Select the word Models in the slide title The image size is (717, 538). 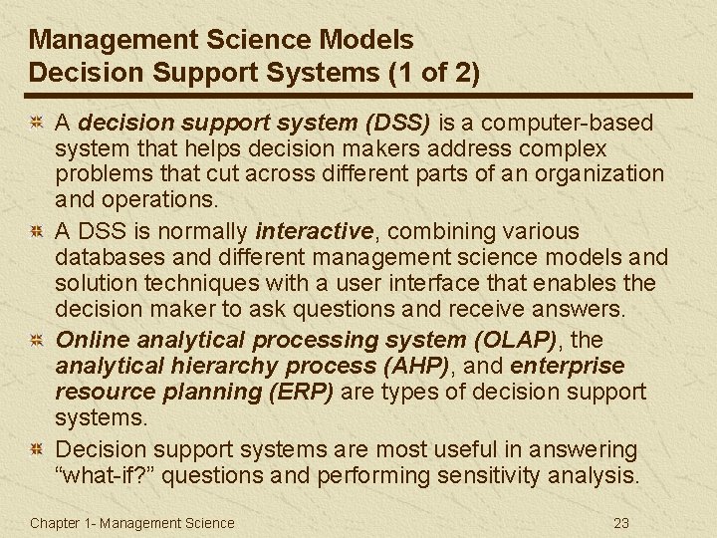[364, 40]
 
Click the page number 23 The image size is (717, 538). [621, 522]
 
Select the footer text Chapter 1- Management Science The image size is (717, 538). [132, 522]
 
